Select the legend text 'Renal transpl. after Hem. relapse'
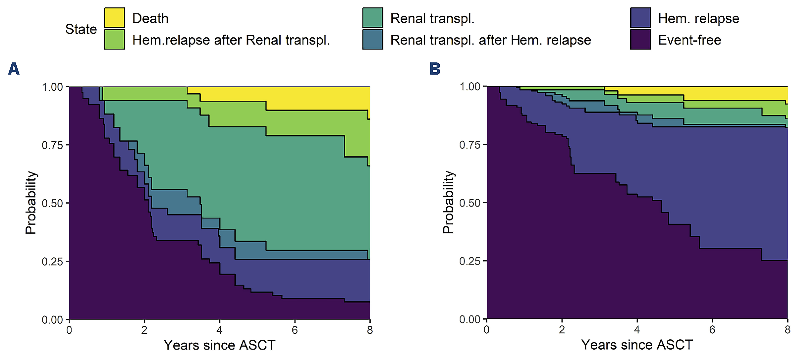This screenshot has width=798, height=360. (x=490, y=40)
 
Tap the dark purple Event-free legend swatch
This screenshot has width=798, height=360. (x=640, y=39)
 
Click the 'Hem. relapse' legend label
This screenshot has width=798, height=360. (x=698, y=19)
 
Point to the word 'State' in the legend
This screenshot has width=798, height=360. (x=81, y=29)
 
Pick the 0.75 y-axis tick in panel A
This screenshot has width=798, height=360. (x=52, y=145)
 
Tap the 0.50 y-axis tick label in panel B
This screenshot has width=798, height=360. (x=470, y=203)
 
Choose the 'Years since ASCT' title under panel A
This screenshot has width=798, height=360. (x=219, y=345)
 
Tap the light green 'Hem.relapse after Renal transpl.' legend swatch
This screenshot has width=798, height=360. (x=114, y=39)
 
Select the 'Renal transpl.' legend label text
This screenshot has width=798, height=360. (x=432, y=19)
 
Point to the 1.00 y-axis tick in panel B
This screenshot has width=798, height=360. (x=470, y=86)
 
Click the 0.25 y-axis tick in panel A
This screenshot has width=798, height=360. (x=52, y=262)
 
